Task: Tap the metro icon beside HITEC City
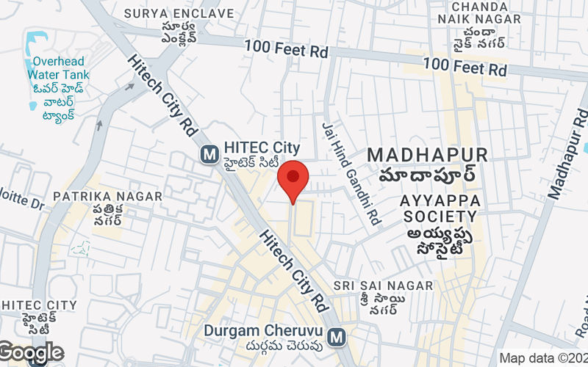[x=210, y=154]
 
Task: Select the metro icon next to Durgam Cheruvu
[x=337, y=336]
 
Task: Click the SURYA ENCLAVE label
[x=179, y=13]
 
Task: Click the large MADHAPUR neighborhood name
[x=427, y=155]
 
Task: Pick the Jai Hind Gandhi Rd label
[x=350, y=172]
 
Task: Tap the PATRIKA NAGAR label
[x=107, y=197]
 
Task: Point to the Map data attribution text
[x=542, y=358]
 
